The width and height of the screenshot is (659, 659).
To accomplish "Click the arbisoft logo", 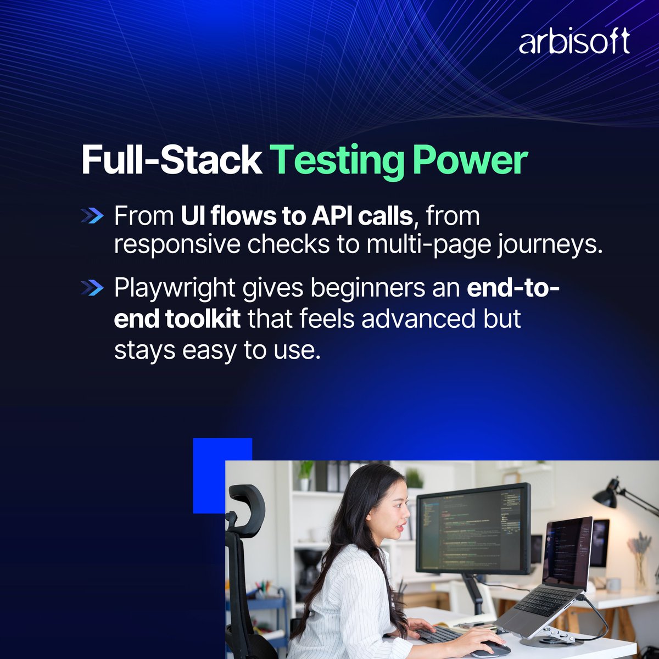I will pos(574,42).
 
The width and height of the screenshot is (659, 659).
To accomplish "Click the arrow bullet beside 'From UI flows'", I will pos(91,216).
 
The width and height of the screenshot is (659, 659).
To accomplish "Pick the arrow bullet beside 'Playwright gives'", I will pos(91,288).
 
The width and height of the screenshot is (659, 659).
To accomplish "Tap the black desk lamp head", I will pos(605,497).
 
